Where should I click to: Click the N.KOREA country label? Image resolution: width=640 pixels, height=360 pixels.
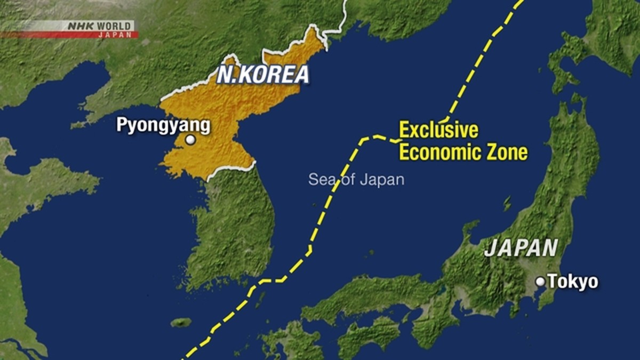click(x=263, y=74)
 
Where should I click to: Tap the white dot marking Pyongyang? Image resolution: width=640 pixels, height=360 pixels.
click(x=190, y=140)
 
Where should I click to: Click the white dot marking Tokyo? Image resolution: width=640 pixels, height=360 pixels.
click(x=540, y=282)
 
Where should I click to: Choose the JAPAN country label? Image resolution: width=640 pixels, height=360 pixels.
click(x=521, y=248)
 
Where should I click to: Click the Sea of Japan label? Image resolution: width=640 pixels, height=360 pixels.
click(x=356, y=180)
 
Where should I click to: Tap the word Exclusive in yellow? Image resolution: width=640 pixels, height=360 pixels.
click(x=438, y=130)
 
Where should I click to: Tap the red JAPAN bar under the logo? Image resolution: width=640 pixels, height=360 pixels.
click(x=69, y=35)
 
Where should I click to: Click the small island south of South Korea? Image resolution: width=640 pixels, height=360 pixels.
click(x=181, y=323)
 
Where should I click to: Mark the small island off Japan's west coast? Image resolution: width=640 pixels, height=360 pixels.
click(x=507, y=203)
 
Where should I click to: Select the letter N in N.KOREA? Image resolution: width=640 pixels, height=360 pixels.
click(x=225, y=75)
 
